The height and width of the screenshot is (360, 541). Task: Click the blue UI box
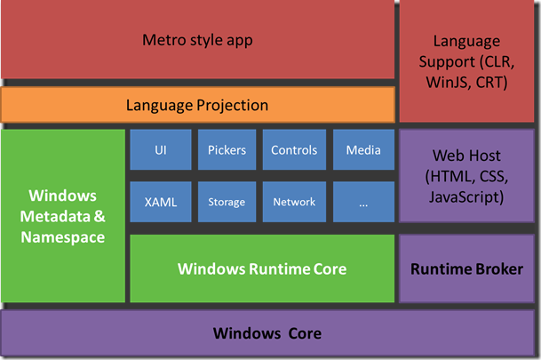click(x=161, y=150)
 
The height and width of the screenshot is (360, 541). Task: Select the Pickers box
click(x=227, y=150)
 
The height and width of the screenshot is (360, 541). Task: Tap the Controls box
click(x=294, y=150)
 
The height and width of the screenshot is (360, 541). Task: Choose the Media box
click(x=362, y=150)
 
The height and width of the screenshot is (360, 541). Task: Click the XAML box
click(x=161, y=202)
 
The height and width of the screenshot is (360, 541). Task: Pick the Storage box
click(x=227, y=202)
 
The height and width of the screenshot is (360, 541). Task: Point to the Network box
click(x=294, y=202)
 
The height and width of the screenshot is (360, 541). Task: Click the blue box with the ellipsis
click(x=362, y=202)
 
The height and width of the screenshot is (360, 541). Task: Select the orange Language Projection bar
click(x=197, y=105)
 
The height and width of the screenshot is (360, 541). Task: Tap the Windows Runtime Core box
click(x=262, y=268)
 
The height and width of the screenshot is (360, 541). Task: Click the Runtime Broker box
click(x=466, y=268)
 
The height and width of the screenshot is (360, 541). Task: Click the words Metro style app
click(x=197, y=40)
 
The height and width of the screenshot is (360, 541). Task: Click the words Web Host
click(x=466, y=156)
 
